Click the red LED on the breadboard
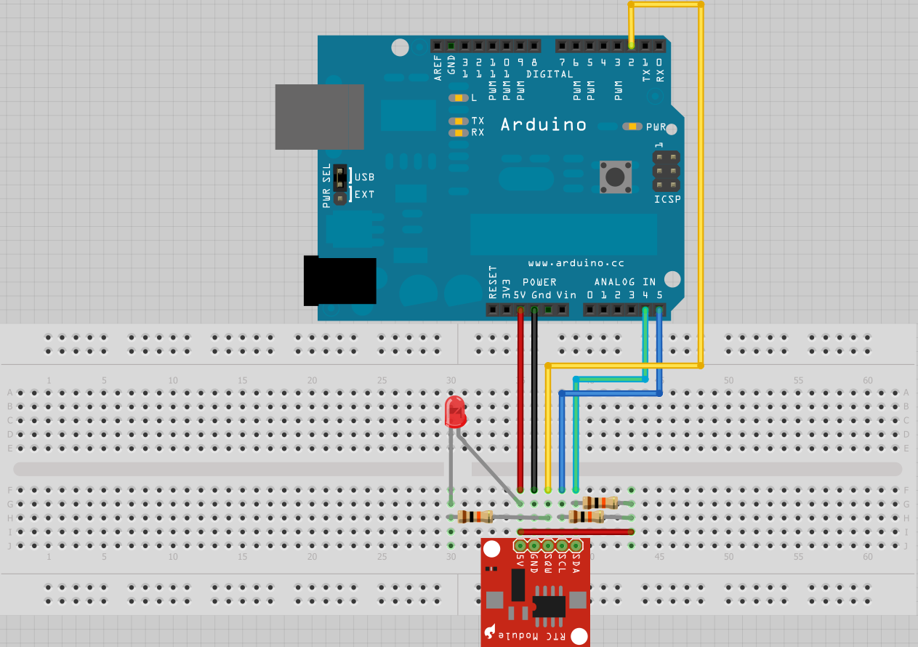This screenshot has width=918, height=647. (454, 412)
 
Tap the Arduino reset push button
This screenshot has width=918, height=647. (615, 177)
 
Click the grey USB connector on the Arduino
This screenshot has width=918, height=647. (319, 117)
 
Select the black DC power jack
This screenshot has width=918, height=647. (339, 281)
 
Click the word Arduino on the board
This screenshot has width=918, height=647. (543, 124)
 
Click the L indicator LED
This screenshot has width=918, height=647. (459, 97)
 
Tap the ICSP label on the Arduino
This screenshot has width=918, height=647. (667, 198)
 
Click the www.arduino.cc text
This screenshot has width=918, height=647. (576, 262)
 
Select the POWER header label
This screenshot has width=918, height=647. (539, 282)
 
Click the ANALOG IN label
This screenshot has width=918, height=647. (624, 282)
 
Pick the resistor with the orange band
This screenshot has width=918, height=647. (600, 502)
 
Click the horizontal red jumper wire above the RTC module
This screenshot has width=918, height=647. (574, 531)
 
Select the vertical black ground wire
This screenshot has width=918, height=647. (534, 400)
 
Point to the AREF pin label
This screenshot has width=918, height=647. (438, 68)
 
